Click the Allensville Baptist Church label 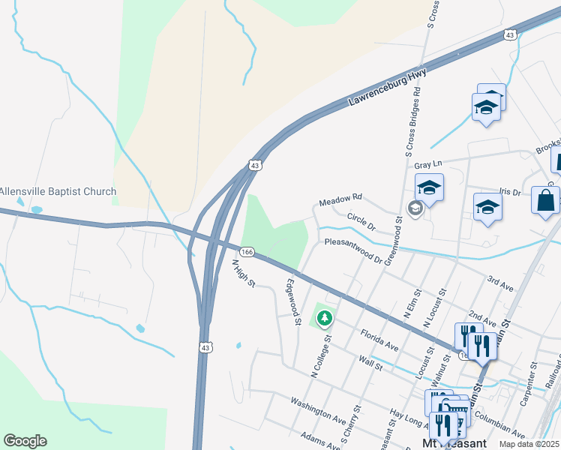pyautogui.click(x=58, y=191)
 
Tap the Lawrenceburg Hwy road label pyautogui.click(x=388, y=88)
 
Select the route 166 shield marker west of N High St pyautogui.click(x=247, y=250)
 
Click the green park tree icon pyautogui.click(x=324, y=319)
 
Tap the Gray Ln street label pyautogui.click(x=428, y=163)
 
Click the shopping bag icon pyautogui.click(x=544, y=201)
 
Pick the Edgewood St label pyautogui.click(x=293, y=301)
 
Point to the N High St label pyautogui.click(x=244, y=274)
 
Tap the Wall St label pyautogui.click(x=370, y=363)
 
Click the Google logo pyautogui.click(x=25, y=441)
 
